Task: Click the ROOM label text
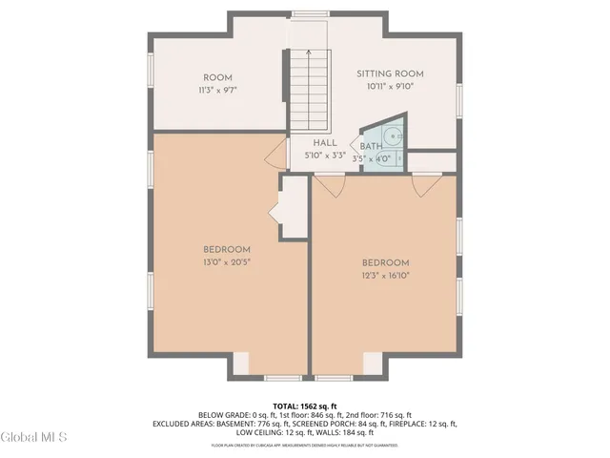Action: tap(217, 77)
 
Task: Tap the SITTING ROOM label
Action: tap(390, 73)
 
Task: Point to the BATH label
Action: tap(371, 146)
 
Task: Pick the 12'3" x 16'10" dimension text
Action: tap(385, 275)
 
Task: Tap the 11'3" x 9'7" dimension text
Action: tap(217, 90)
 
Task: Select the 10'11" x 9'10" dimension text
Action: tap(390, 86)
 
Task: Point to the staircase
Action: tap(309, 90)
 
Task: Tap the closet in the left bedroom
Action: tap(294, 206)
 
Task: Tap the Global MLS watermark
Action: tap(34, 437)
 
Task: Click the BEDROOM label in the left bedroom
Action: tap(226, 249)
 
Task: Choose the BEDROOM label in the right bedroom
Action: tap(385, 263)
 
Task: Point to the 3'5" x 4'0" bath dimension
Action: tap(372, 158)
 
